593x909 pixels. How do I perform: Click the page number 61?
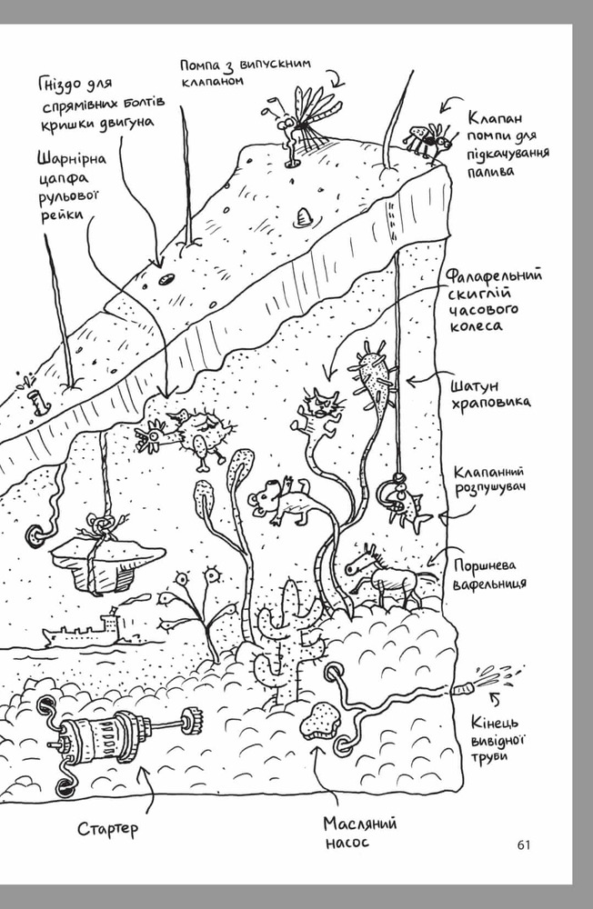click(x=523, y=844)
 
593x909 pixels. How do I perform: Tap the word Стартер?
click(x=108, y=828)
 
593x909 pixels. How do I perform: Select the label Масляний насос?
click(x=360, y=832)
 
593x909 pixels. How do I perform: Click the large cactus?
click(x=286, y=638)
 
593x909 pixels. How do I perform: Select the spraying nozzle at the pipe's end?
click(x=464, y=689)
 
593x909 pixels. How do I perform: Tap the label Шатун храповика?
click(x=490, y=395)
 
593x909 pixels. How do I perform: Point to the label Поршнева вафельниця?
click(x=489, y=574)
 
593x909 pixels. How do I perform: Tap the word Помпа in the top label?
click(x=200, y=66)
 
